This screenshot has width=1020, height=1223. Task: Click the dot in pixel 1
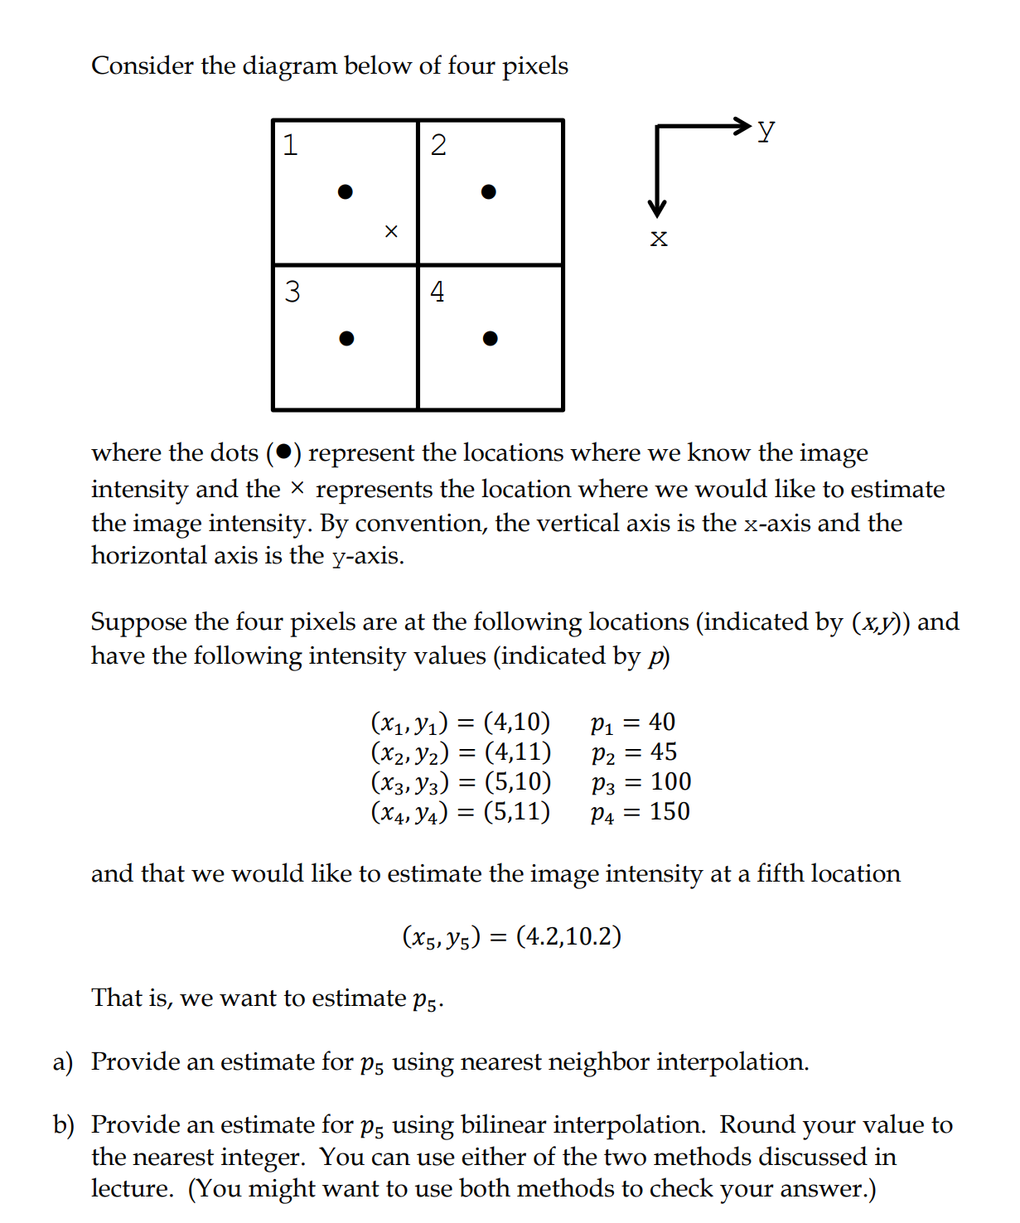pyautogui.click(x=346, y=192)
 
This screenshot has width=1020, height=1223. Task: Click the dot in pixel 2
pyautogui.click(x=489, y=192)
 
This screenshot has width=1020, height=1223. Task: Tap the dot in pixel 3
pyautogui.click(x=347, y=338)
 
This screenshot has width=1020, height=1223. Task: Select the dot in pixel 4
pyautogui.click(x=491, y=338)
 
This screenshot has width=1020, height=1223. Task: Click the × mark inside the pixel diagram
pyautogui.click(x=391, y=231)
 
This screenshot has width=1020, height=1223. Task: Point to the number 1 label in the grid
pyautogui.click(x=290, y=145)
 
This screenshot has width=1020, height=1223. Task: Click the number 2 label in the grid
pyautogui.click(x=438, y=145)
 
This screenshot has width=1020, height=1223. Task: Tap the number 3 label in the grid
pyautogui.click(x=292, y=292)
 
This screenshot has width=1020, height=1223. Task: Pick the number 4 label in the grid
pyautogui.click(x=437, y=292)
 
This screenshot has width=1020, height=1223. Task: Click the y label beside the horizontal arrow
pyautogui.click(x=766, y=130)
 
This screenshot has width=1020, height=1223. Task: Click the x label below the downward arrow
pyautogui.click(x=659, y=239)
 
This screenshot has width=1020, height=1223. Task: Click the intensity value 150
pyautogui.click(x=670, y=812)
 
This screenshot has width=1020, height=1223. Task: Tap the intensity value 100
pyautogui.click(x=670, y=782)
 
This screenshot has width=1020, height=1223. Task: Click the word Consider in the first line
pyautogui.click(x=143, y=65)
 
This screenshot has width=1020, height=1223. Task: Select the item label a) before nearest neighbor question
pyautogui.click(x=63, y=1062)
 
